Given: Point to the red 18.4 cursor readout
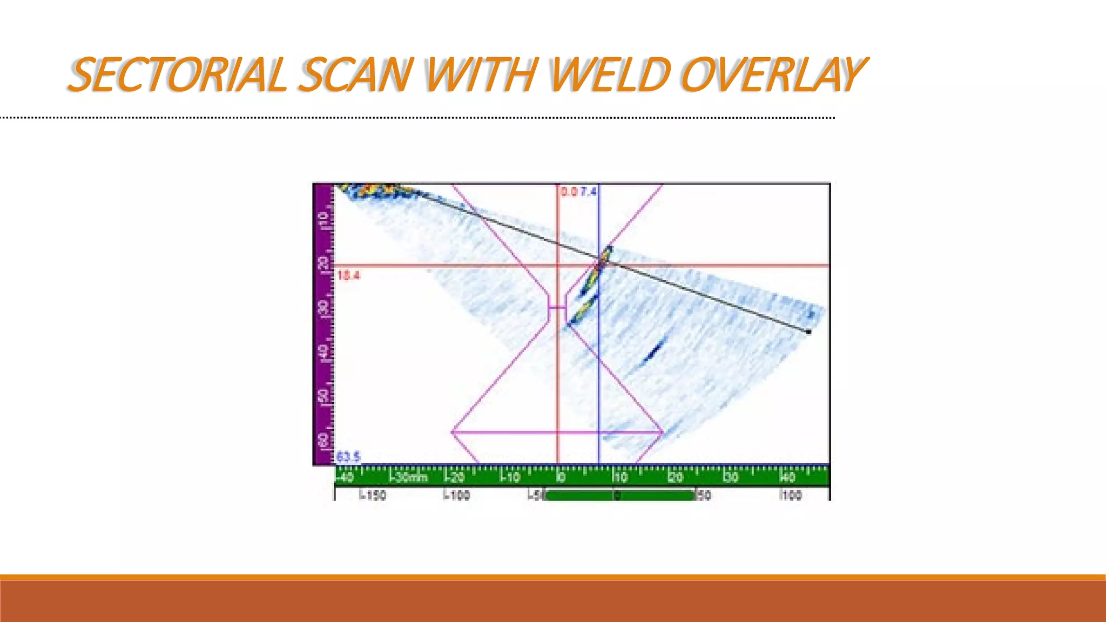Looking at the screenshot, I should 348,275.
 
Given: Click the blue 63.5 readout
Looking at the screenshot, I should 348,457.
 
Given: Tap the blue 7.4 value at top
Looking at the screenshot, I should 588,192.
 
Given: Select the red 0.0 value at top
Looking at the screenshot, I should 569,192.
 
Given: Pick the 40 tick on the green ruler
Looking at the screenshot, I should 788,477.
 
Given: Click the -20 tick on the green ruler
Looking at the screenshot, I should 455,477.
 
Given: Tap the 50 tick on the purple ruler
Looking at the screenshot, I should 323,396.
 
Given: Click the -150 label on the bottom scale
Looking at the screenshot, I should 373,495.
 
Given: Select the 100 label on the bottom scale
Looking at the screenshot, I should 792,495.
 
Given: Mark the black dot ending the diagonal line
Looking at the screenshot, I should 808,332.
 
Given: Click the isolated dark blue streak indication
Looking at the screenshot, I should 653,351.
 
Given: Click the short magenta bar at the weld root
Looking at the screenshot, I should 557,308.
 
